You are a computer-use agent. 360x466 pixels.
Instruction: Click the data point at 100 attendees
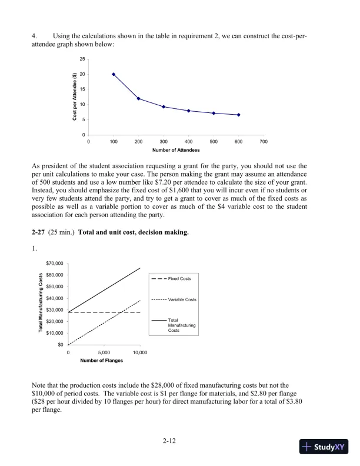114,74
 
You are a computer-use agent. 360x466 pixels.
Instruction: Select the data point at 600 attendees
239,115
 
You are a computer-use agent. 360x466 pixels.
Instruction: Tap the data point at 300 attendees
164,106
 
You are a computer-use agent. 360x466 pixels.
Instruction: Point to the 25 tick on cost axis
82,59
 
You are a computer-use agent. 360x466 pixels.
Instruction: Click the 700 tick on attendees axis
264,142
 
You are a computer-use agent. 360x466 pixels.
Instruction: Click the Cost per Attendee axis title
75,98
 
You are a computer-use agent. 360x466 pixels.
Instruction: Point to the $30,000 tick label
55,309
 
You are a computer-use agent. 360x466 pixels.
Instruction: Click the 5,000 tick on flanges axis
104,352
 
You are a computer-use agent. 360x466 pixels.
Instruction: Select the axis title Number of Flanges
104,360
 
